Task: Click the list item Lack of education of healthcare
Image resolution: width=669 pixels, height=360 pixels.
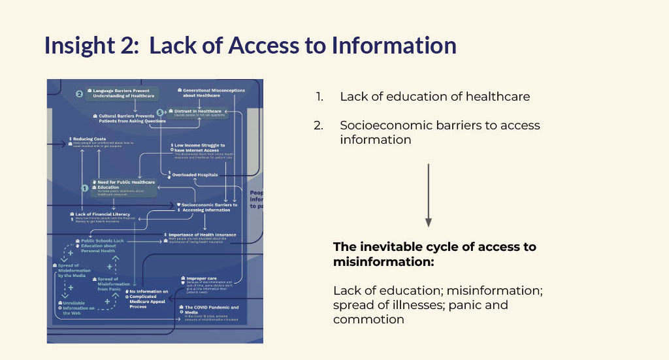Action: [x=434, y=97]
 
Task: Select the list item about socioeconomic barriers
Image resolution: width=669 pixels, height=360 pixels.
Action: [x=440, y=132]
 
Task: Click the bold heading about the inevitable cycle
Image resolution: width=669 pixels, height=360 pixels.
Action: [x=434, y=254]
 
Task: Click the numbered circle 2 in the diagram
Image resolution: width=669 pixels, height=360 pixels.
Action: [x=79, y=93]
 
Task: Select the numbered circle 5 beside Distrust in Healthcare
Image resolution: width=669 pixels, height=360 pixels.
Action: [x=160, y=113]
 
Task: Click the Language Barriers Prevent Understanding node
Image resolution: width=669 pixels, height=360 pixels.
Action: [x=124, y=93]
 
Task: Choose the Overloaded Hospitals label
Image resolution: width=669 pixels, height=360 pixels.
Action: [x=195, y=174]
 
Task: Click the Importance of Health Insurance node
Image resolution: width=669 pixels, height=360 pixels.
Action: [x=203, y=235]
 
